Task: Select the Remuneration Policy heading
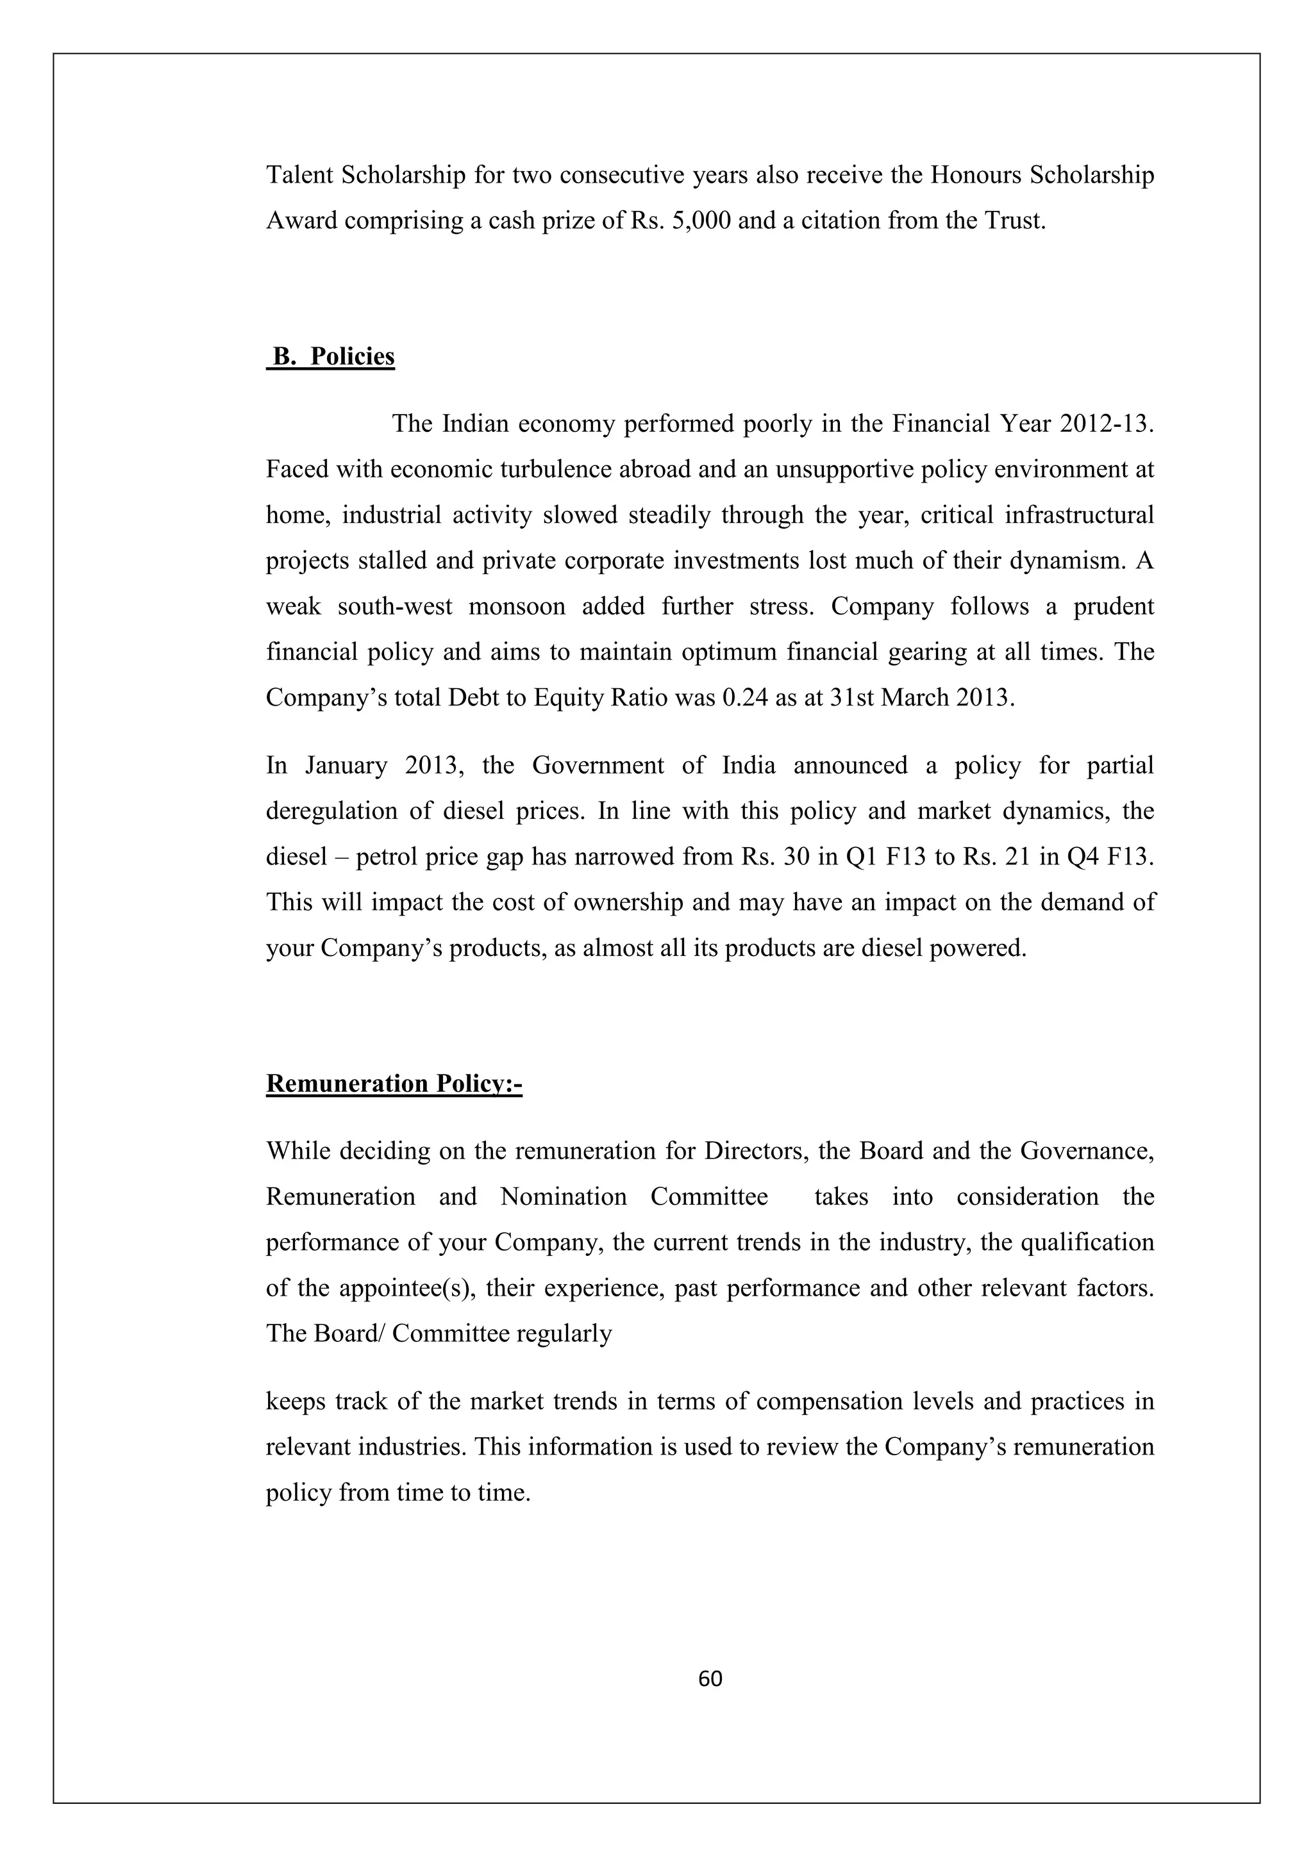tap(394, 1083)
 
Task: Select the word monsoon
tap(516, 607)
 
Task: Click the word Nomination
tap(563, 1196)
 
